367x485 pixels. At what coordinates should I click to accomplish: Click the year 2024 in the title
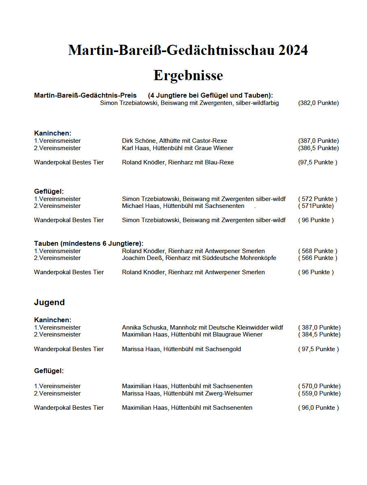(x=293, y=50)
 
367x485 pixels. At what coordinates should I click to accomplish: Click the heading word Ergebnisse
(x=188, y=75)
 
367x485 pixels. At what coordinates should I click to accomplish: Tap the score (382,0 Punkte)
(x=318, y=103)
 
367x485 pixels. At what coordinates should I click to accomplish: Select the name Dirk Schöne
(x=139, y=141)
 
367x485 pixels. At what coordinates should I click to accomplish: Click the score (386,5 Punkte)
(x=318, y=148)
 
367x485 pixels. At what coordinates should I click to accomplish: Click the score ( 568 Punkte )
(x=317, y=251)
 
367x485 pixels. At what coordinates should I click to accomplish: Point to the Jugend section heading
(x=49, y=302)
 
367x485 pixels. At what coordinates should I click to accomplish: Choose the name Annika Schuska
(x=144, y=328)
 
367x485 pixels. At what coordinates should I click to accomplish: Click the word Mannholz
(x=183, y=328)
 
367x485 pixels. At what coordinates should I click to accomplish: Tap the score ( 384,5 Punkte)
(x=319, y=334)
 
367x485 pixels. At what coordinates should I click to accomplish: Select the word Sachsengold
(x=223, y=349)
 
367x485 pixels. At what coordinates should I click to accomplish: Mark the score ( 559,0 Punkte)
(x=319, y=393)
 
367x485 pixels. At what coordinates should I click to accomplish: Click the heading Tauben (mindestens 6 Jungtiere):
(x=89, y=243)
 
